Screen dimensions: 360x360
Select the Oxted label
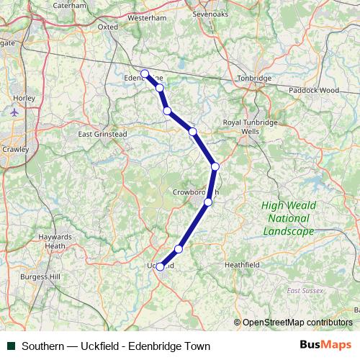[x=107, y=27]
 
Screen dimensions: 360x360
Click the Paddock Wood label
[x=313, y=91]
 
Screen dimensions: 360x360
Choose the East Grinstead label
[x=102, y=134]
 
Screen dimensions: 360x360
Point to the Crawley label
[x=17, y=149]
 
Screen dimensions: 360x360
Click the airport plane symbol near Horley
[x=15, y=112]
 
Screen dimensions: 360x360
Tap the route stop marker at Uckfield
[x=161, y=266]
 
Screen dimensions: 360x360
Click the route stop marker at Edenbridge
[x=145, y=73]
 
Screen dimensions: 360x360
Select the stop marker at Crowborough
[x=208, y=202]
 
